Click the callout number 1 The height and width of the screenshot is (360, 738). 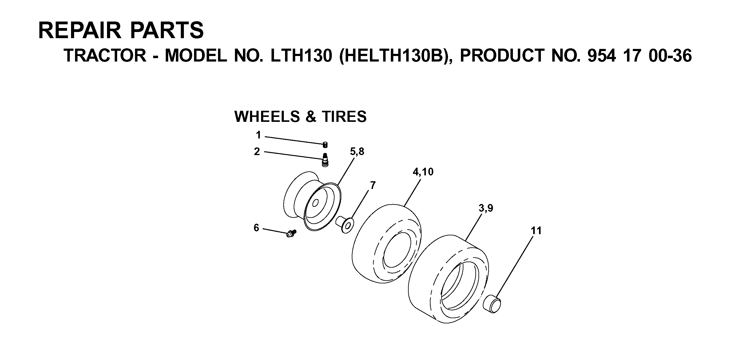click(258, 135)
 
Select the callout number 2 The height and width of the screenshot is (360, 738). click(257, 151)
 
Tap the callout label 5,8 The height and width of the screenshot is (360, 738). click(357, 151)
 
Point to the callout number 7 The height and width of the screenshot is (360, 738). click(373, 185)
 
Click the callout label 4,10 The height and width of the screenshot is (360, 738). click(423, 172)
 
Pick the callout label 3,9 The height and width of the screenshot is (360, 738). click(486, 208)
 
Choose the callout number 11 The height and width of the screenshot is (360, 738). click(536, 230)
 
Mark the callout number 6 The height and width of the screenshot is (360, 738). click(256, 228)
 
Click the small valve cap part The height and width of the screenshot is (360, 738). click(325, 145)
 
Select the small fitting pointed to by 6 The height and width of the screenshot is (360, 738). click(290, 233)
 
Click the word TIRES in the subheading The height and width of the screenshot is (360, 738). click(344, 117)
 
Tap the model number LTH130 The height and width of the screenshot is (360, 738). click(301, 56)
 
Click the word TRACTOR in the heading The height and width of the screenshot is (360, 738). click(105, 56)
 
